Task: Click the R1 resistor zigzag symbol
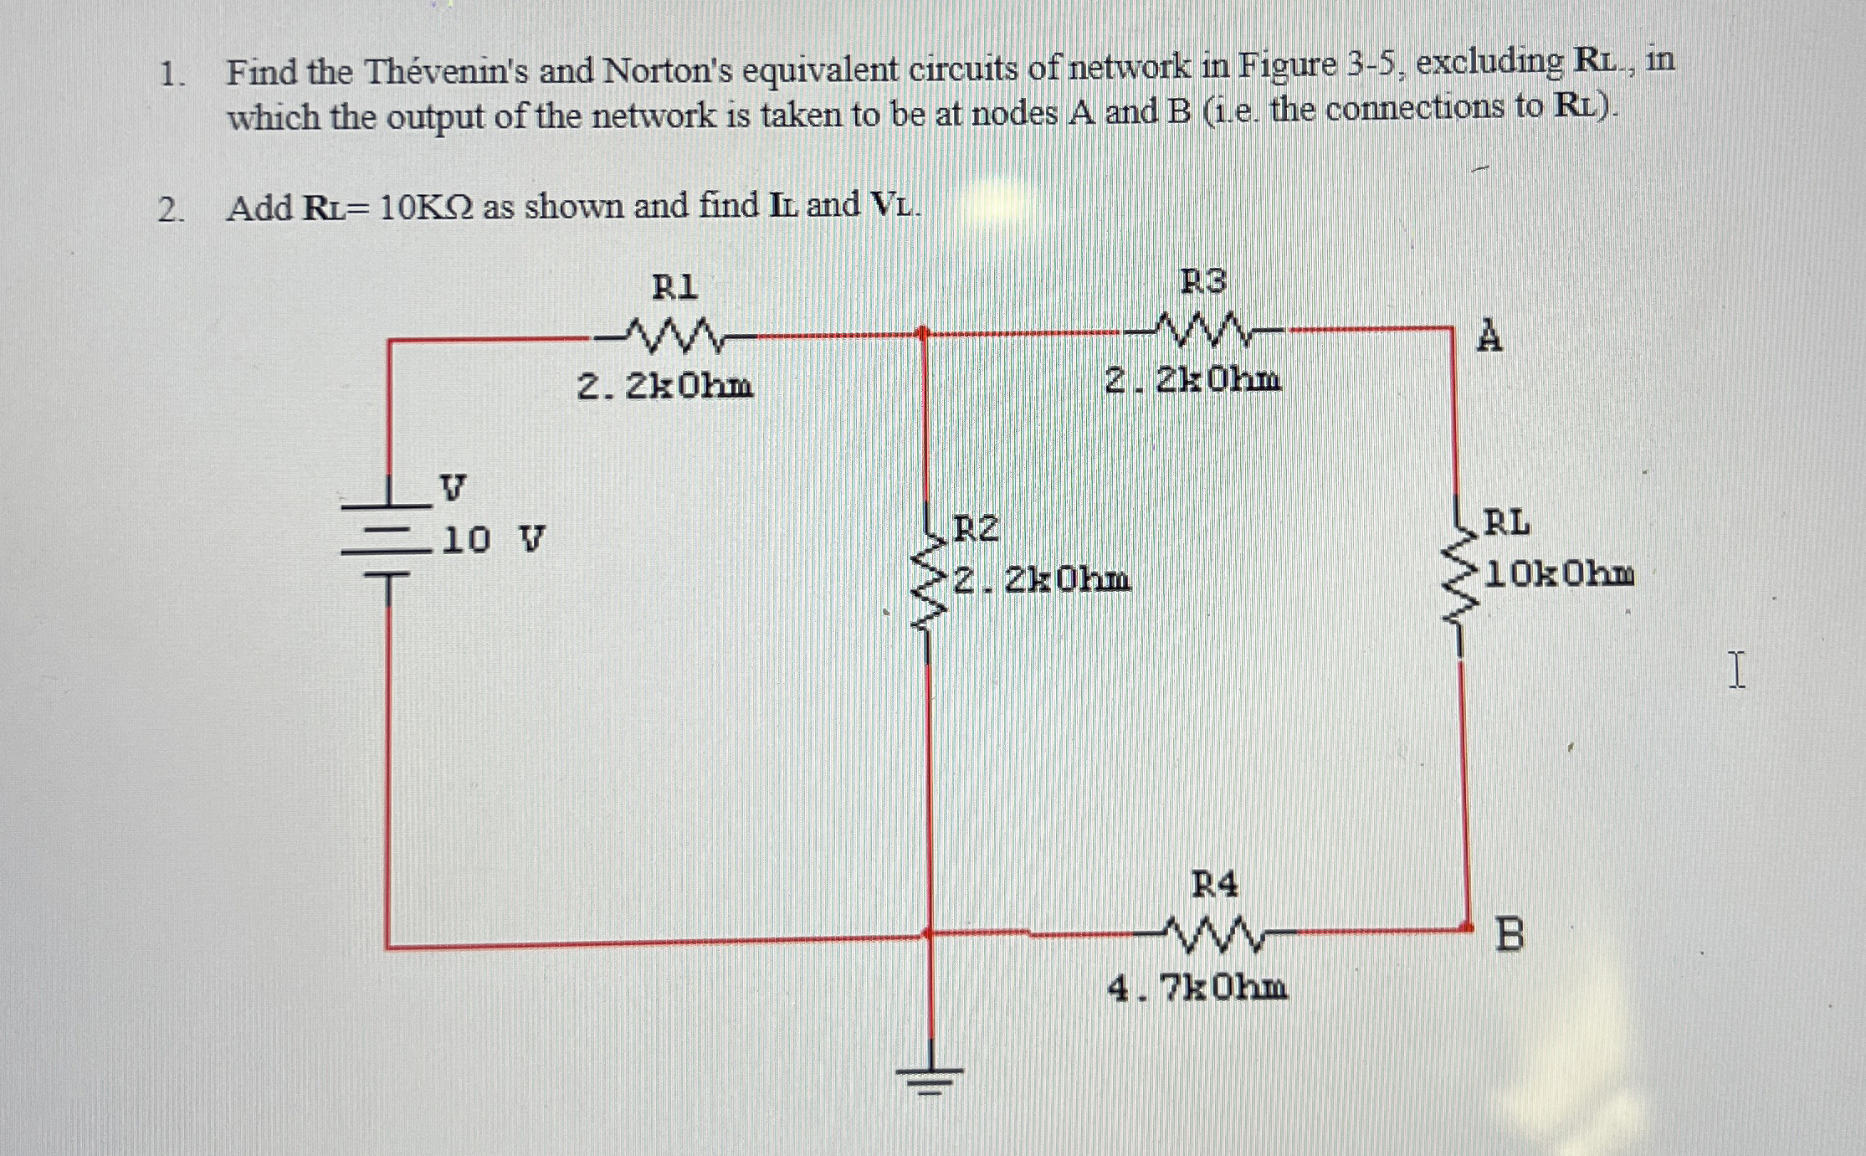[674, 337]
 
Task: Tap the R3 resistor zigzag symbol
[1202, 332]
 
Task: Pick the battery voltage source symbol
[387, 540]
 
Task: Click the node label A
[1489, 337]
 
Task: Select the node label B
[1509, 935]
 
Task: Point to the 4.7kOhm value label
[1197, 989]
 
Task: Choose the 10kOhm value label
[1559, 575]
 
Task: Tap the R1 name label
[674, 288]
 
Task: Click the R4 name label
[1214, 884]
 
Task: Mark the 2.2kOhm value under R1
[665, 386]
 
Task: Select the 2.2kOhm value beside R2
[1043, 579]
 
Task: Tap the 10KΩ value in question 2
[427, 207]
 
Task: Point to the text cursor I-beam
[1737, 671]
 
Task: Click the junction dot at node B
[1466, 927]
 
